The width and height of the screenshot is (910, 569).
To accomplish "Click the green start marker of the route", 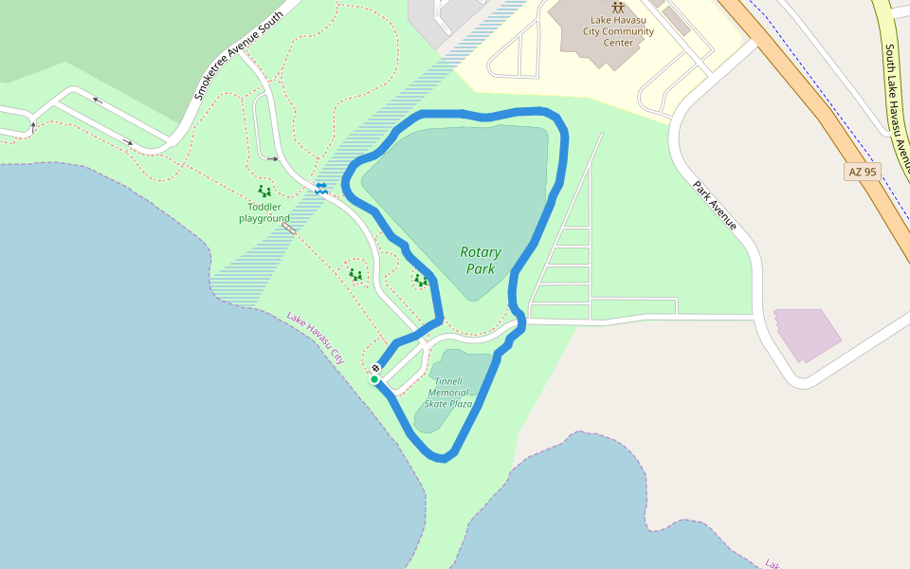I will click(x=374, y=380).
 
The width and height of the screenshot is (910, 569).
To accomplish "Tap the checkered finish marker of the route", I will click(x=376, y=368).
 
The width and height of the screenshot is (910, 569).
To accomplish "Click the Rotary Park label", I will click(x=481, y=261).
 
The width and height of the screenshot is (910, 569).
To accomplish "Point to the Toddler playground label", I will click(x=264, y=212).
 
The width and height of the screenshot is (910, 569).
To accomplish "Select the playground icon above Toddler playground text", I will click(x=264, y=191).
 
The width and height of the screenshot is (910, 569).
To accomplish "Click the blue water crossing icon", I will click(x=321, y=189).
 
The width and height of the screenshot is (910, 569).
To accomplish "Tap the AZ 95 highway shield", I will click(x=862, y=172).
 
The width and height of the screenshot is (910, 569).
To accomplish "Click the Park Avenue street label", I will click(x=715, y=206).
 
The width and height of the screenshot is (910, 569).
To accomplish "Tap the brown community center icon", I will click(x=618, y=8).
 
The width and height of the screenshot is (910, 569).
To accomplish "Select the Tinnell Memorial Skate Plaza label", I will click(x=448, y=393).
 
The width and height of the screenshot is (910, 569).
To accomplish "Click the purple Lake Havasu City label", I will click(x=316, y=338).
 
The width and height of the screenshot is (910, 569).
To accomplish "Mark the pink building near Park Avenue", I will click(x=806, y=334).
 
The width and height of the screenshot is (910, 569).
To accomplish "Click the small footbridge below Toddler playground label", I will click(x=289, y=229).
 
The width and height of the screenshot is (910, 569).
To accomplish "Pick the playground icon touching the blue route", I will click(x=420, y=280).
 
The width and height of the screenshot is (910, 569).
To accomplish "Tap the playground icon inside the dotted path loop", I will click(x=355, y=275).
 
